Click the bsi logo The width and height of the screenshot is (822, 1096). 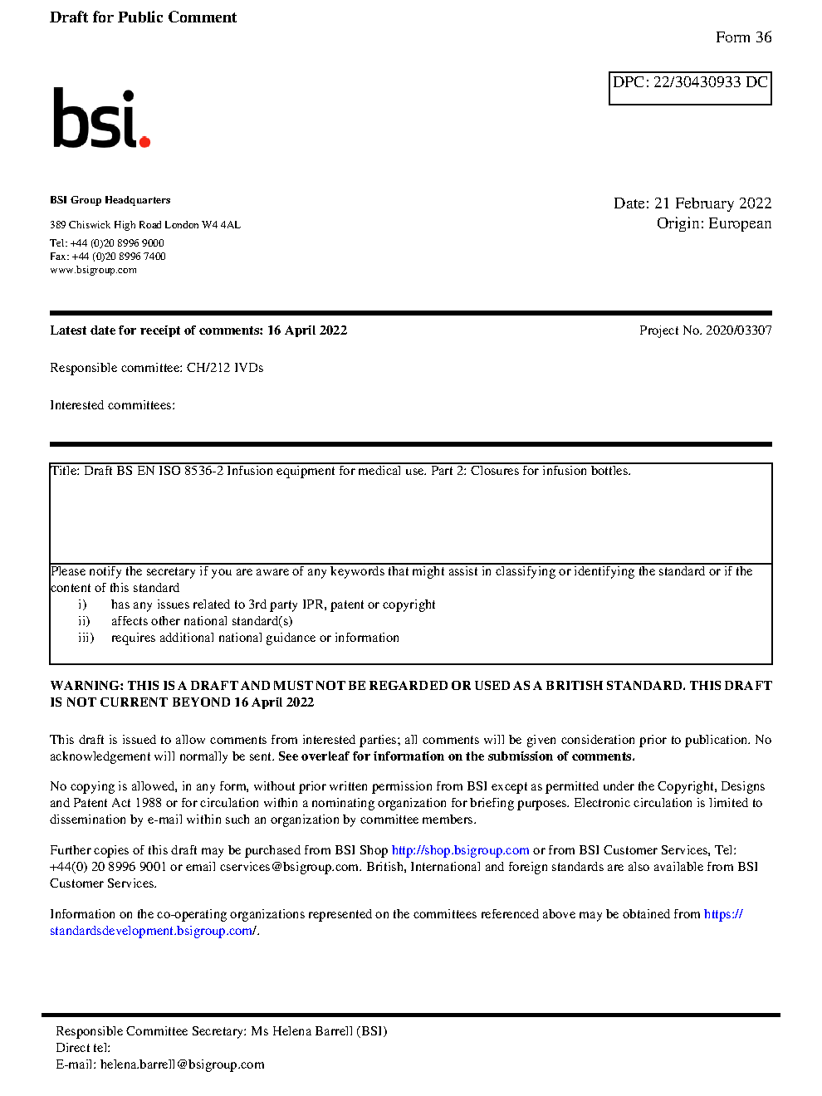click(100, 119)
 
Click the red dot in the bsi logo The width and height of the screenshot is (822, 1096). click(144, 142)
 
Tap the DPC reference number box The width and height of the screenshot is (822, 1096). click(690, 88)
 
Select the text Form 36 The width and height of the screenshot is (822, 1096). click(743, 37)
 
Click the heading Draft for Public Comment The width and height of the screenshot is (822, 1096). click(143, 17)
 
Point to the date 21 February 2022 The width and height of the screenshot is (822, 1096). click(712, 203)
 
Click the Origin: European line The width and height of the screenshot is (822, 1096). click(713, 223)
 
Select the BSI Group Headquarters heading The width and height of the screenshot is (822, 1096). click(110, 200)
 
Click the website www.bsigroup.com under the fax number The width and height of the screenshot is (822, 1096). click(93, 270)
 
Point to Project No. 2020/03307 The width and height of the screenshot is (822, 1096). click(705, 330)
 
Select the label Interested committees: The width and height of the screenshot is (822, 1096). click(112, 405)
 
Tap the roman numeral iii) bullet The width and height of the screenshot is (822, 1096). click(86, 638)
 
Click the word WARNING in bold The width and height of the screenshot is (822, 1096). click(86, 686)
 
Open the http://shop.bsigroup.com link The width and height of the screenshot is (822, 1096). click(460, 850)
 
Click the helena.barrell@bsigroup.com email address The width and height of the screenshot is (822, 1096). click(182, 1064)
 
